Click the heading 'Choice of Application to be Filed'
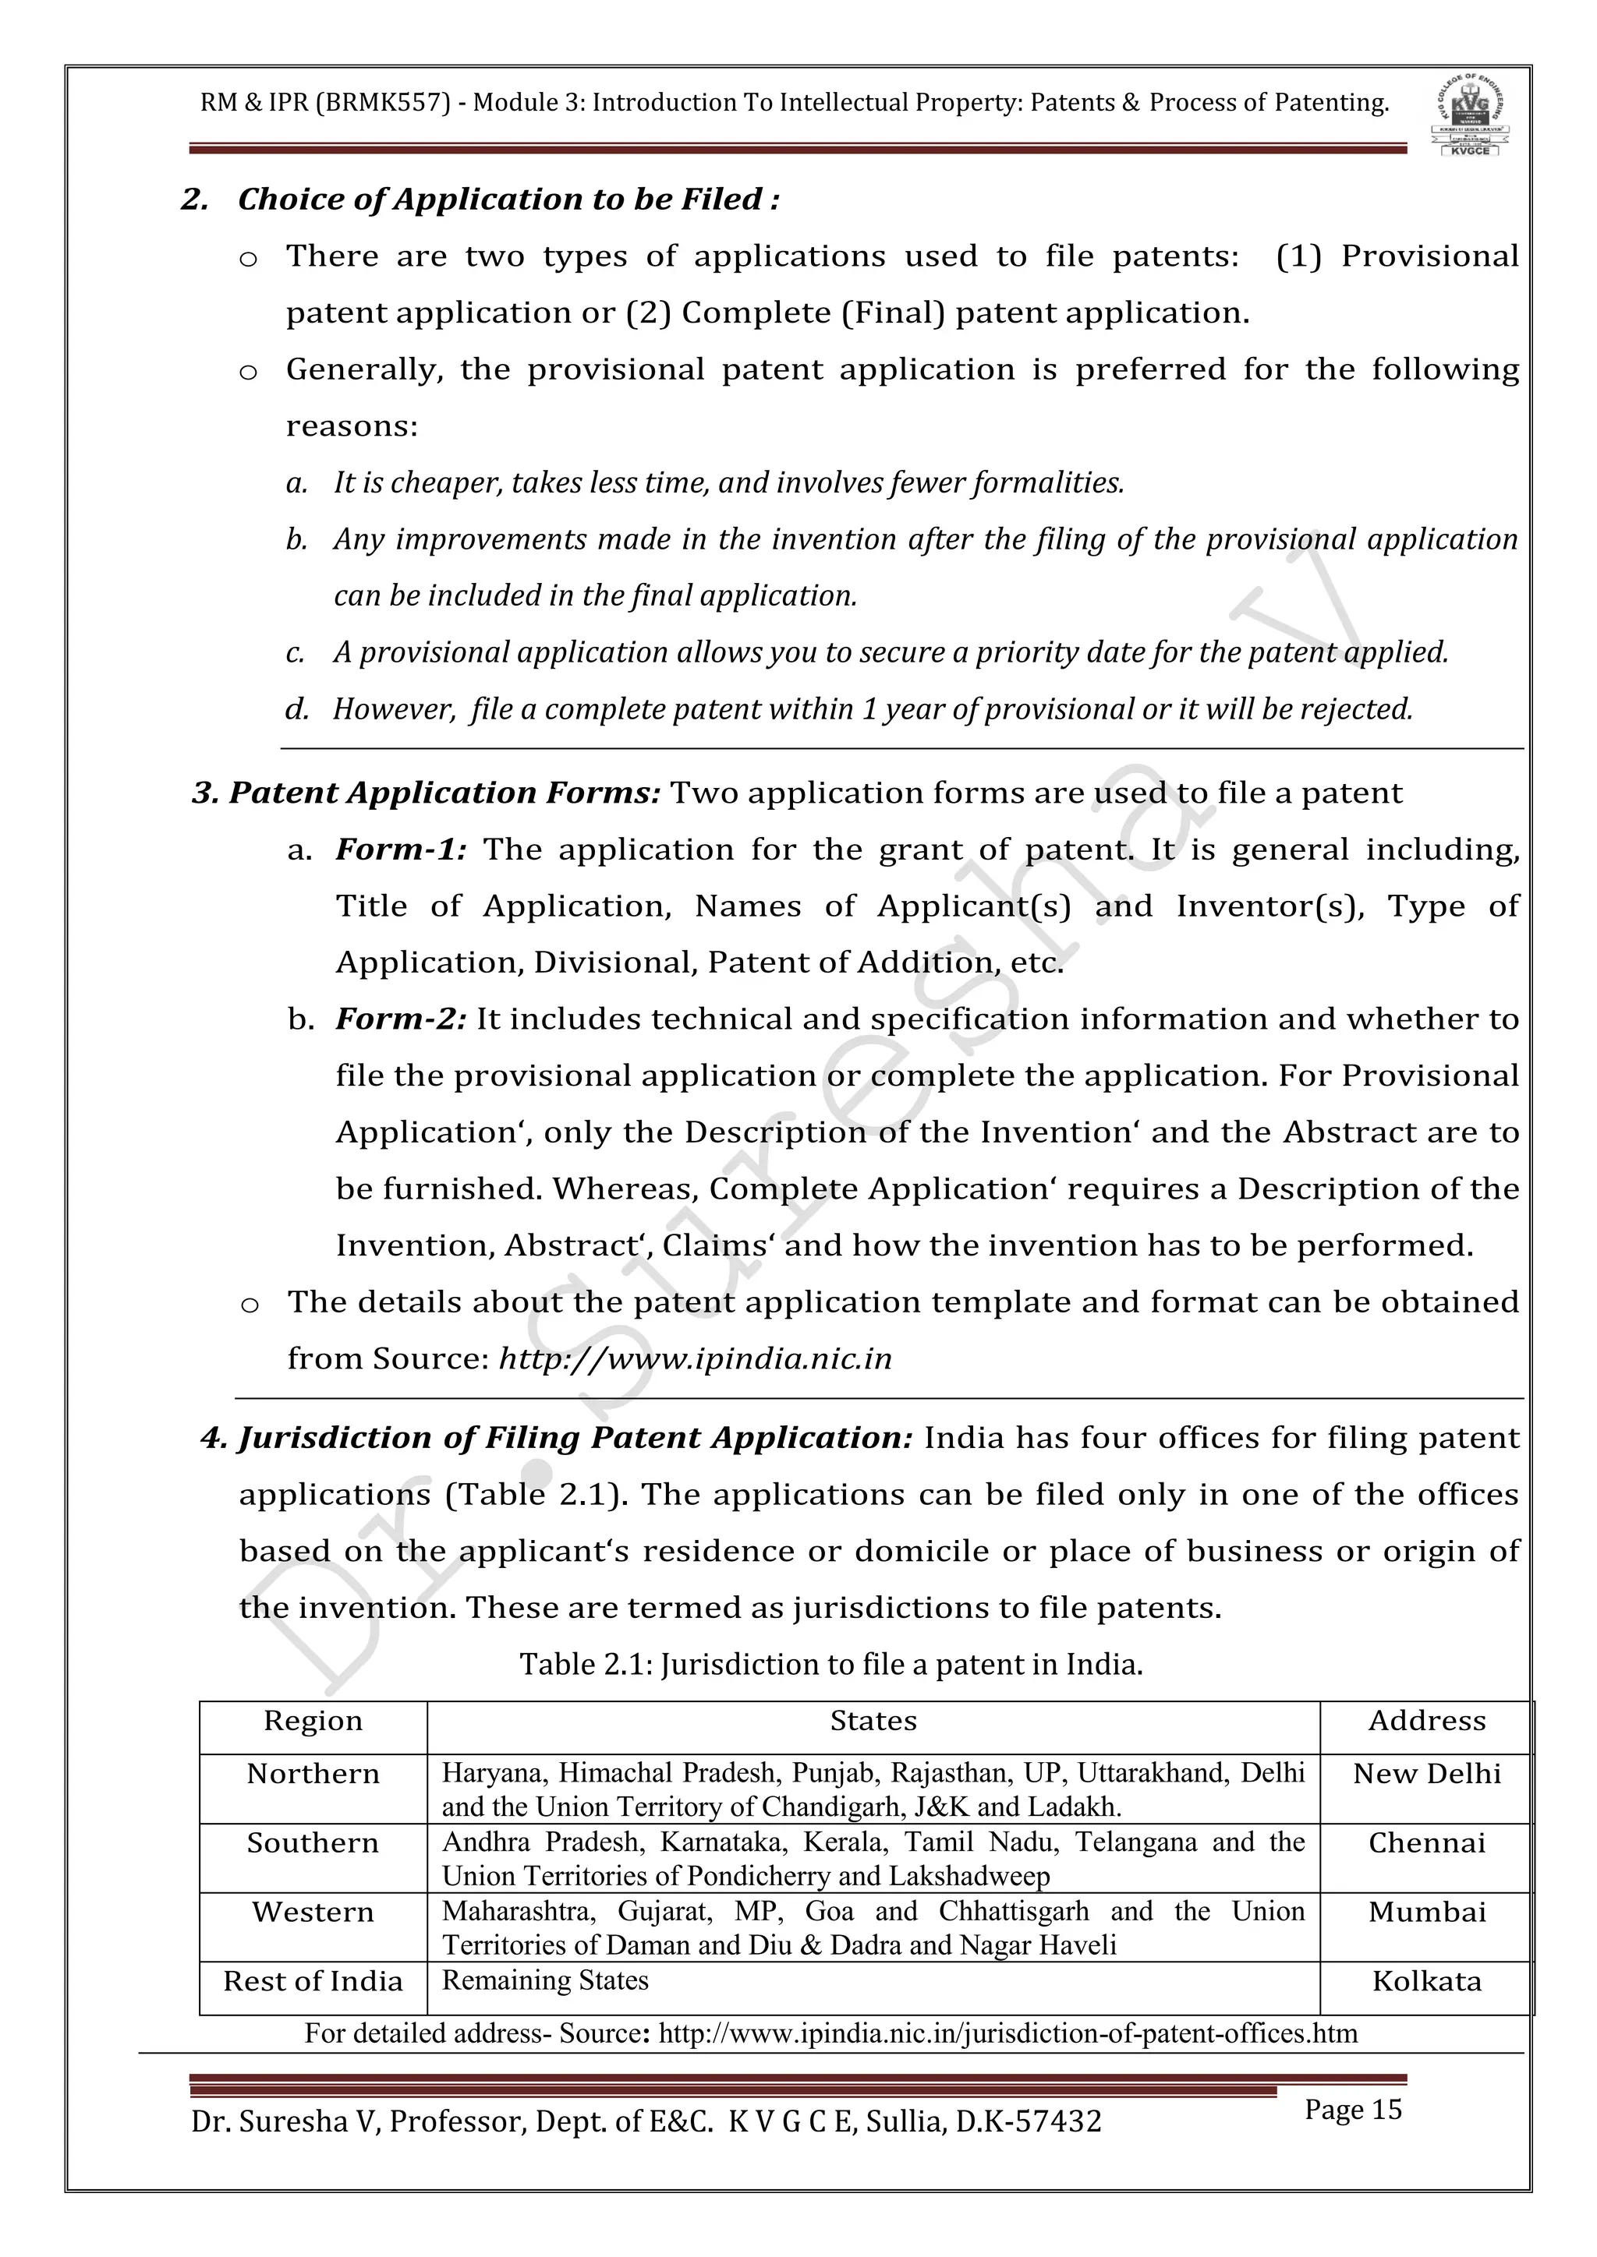point(508,200)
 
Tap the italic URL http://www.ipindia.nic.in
point(696,1358)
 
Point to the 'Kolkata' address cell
point(1426,1981)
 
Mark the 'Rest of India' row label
point(313,1981)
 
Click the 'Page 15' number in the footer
point(1352,2110)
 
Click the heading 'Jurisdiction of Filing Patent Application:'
point(558,1438)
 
